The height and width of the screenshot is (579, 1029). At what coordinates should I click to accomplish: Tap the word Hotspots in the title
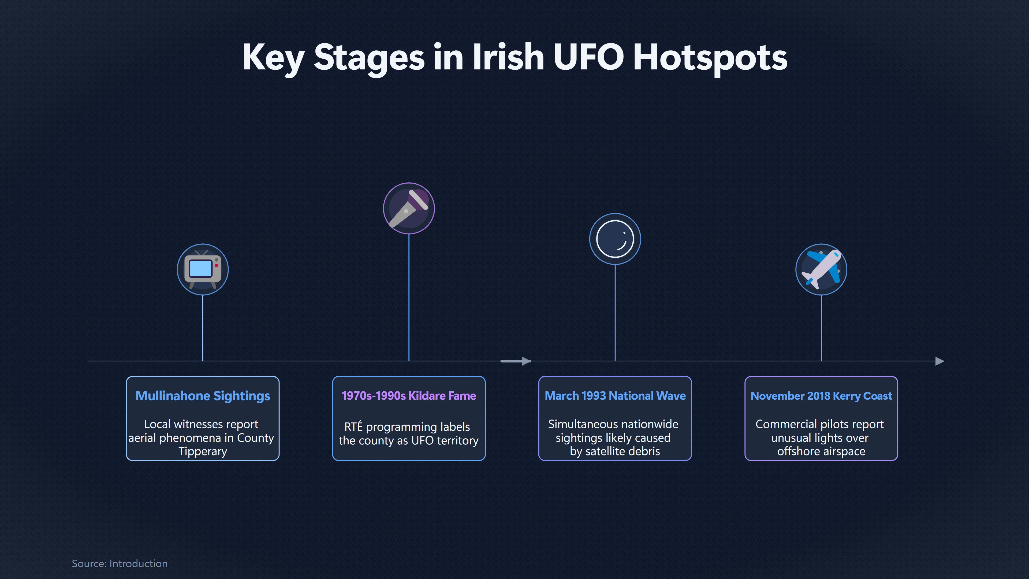[x=710, y=59]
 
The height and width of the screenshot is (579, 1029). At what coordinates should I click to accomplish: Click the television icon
[x=203, y=269]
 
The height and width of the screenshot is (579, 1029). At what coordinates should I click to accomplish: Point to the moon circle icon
[x=615, y=239]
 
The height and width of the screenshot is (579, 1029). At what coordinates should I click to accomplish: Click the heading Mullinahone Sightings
[x=203, y=396]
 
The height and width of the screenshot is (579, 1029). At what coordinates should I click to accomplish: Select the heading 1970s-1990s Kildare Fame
[x=409, y=396]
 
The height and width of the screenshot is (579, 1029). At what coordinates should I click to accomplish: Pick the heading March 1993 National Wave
[x=615, y=396]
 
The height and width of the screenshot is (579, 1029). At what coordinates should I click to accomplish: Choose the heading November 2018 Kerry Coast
[x=821, y=396]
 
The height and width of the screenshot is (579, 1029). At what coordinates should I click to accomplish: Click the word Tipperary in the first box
[x=203, y=451]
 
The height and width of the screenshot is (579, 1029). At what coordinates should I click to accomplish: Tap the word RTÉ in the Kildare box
[x=353, y=426]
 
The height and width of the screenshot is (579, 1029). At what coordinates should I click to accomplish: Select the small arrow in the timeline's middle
[x=516, y=361]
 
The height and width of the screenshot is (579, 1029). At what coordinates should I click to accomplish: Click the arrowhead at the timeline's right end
[x=940, y=361]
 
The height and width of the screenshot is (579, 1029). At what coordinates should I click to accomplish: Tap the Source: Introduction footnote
[x=120, y=563]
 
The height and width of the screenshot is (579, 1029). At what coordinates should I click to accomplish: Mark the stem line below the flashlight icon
[x=409, y=297]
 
